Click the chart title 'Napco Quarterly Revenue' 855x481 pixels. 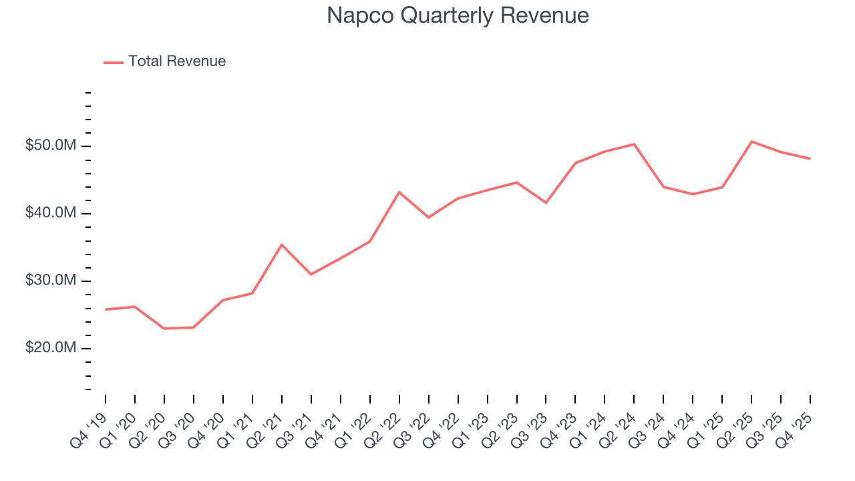[x=458, y=15]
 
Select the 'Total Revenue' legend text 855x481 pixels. [x=177, y=61]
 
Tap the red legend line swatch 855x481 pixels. [x=114, y=62]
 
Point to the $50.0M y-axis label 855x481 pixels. [x=51, y=146]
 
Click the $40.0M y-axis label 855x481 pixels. [x=51, y=213]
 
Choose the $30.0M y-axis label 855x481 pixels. [x=51, y=281]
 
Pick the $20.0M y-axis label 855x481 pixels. [x=51, y=348]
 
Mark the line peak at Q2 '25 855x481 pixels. [x=751, y=142]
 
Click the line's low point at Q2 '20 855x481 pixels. [x=164, y=329]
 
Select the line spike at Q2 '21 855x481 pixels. [x=282, y=245]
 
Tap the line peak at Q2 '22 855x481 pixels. [x=399, y=192]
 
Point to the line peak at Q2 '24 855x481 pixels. [x=634, y=144]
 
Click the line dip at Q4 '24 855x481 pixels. [x=693, y=194]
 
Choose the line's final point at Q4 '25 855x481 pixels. [x=810, y=159]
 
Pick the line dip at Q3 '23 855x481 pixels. [x=546, y=202]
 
